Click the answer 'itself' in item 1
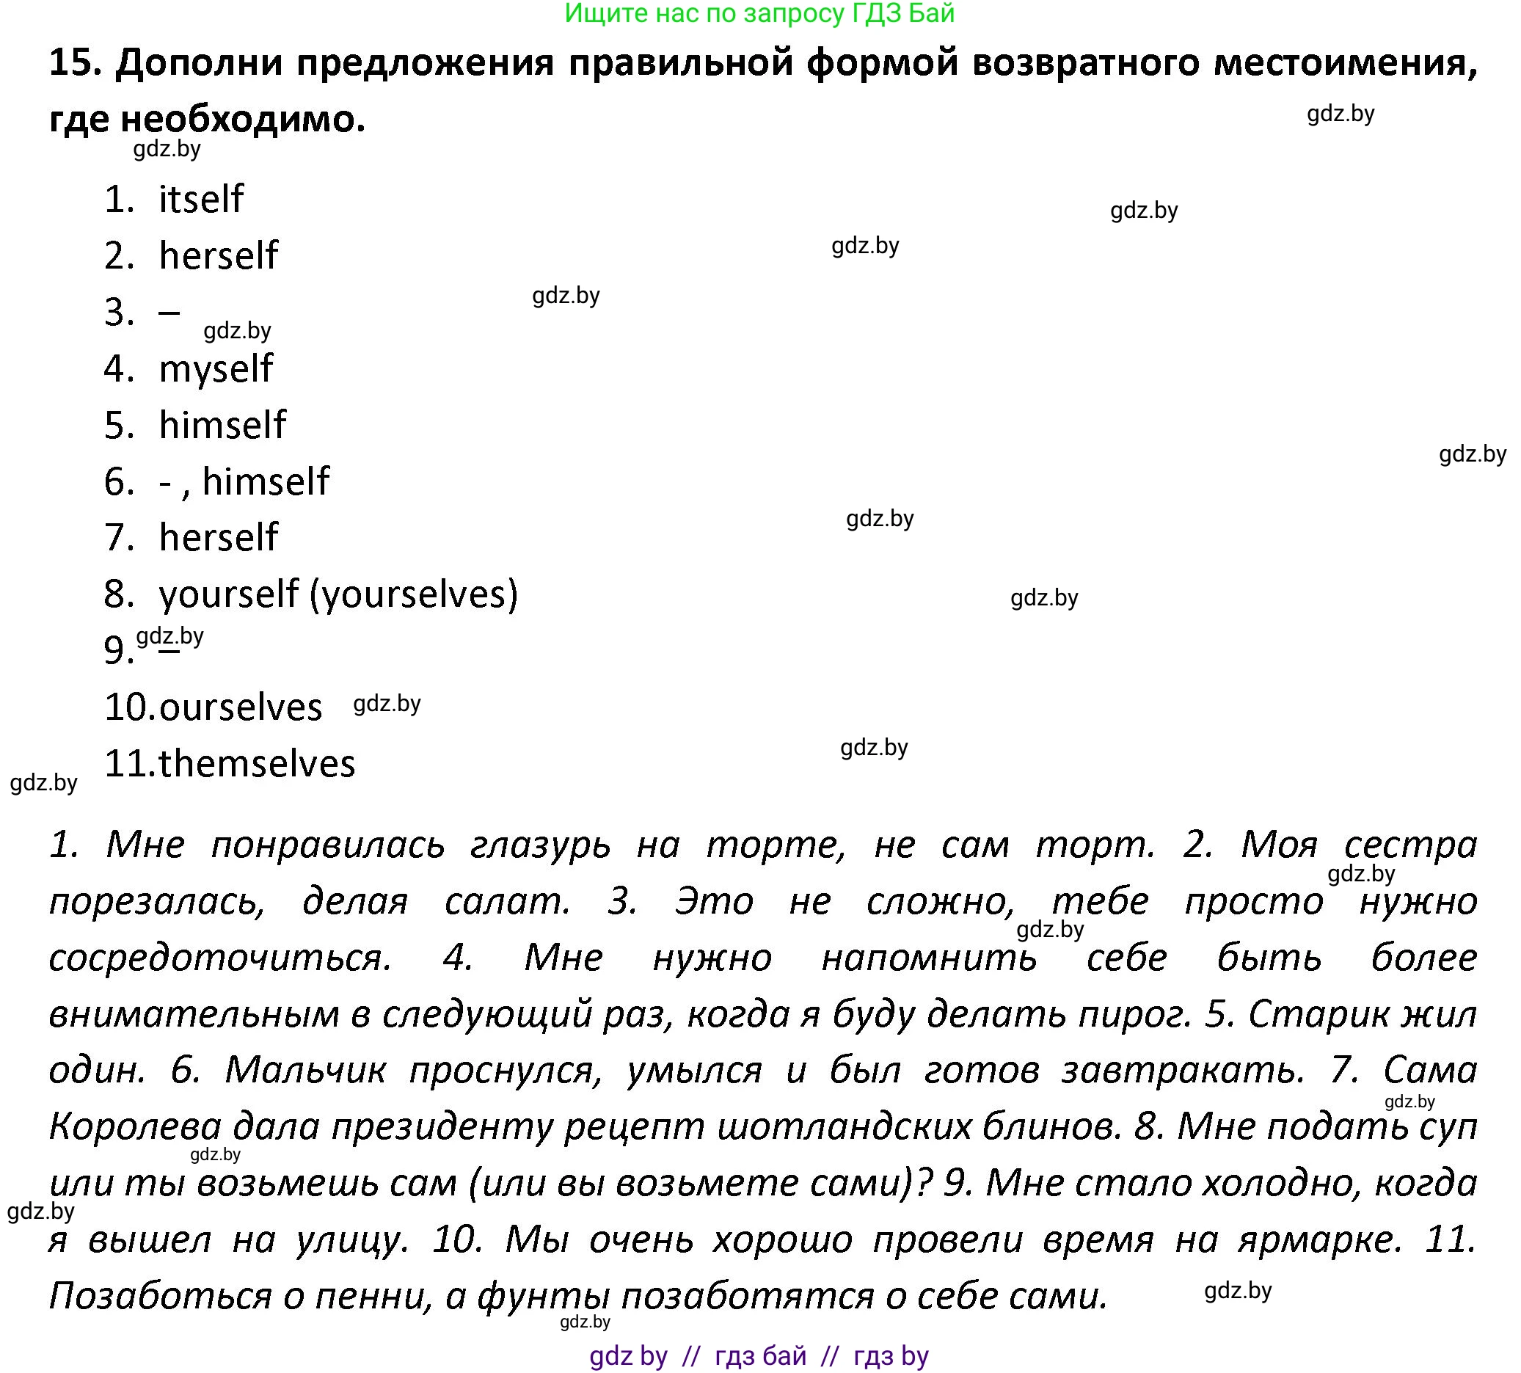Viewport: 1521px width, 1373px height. coord(200,199)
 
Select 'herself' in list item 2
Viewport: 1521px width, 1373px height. coord(218,255)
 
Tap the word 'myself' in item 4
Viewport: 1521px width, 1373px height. coord(216,369)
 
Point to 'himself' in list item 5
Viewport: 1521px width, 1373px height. coord(222,425)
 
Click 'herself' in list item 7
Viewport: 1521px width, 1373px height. coord(218,538)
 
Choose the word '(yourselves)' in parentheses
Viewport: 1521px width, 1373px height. coord(414,594)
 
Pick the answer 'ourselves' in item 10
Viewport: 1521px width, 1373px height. coord(241,707)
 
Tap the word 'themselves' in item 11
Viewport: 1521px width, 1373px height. coord(257,763)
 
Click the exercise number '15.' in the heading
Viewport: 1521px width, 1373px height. coord(76,62)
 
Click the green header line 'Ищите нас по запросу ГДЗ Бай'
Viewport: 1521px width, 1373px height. coord(759,14)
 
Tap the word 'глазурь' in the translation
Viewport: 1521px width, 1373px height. coord(540,845)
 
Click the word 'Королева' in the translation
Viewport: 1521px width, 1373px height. coord(135,1127)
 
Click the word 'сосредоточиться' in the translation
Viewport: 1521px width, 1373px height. coord(219,958)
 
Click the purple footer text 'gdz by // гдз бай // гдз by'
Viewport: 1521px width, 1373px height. coord(759,1355)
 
